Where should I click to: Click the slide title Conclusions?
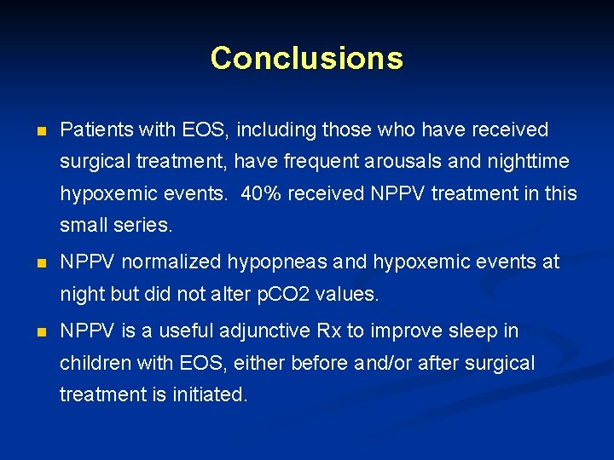pyautogui.click(x=306, y=58)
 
